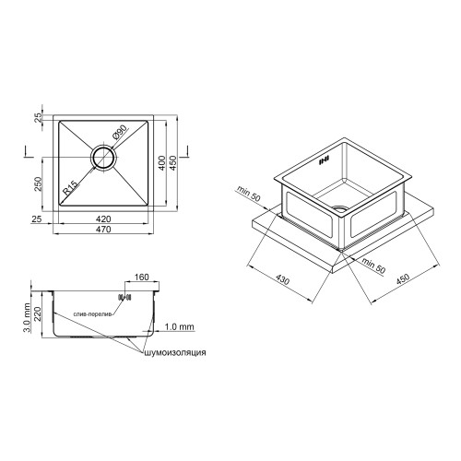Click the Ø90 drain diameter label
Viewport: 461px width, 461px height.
point(119,133)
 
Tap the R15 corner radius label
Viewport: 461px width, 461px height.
point(70,188)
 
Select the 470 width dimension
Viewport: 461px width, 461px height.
point(103,230)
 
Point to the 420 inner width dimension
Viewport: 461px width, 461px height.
point(103,219)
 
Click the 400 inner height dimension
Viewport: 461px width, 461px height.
point(162,163)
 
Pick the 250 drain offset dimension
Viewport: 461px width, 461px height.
point(37,184)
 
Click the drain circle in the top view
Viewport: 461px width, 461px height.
point(104,157)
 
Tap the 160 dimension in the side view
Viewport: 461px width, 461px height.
point(141,278)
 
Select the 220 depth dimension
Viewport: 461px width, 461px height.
point(37,313)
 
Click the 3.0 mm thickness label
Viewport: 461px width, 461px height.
point(27,318)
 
